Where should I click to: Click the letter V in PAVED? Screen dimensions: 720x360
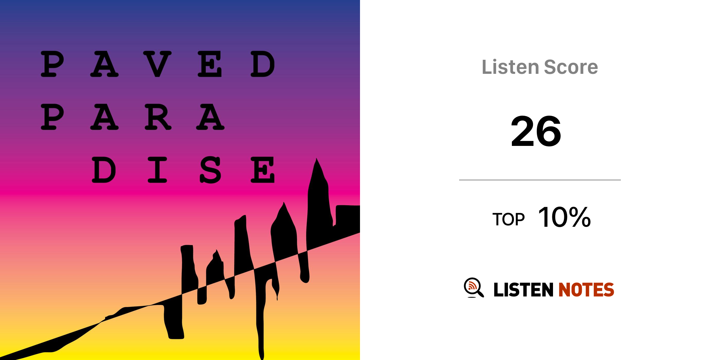[157, 64]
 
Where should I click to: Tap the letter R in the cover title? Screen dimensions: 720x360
[158, 117]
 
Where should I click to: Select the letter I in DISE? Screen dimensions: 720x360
[157, 170]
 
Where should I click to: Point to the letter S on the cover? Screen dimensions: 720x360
[210, 170]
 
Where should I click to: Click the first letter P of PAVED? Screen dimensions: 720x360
[52, 64]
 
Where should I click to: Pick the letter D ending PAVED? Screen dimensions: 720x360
[263, 64]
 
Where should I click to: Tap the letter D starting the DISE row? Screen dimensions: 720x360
[104, 170]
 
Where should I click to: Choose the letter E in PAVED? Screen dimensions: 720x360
[210, 64]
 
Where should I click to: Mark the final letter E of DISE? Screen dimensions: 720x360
[262, 170]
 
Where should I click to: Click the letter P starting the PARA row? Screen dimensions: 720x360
[52, 117]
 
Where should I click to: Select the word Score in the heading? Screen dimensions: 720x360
[571, 67]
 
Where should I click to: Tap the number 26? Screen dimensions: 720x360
[536, 131]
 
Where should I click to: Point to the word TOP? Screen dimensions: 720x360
[508, 219]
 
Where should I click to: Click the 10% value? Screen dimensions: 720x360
[565, 217]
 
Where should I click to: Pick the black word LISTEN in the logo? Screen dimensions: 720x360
[523, 290]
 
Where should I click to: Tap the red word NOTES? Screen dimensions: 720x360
[586, 290]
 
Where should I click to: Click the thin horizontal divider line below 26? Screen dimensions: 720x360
[540, 180]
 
